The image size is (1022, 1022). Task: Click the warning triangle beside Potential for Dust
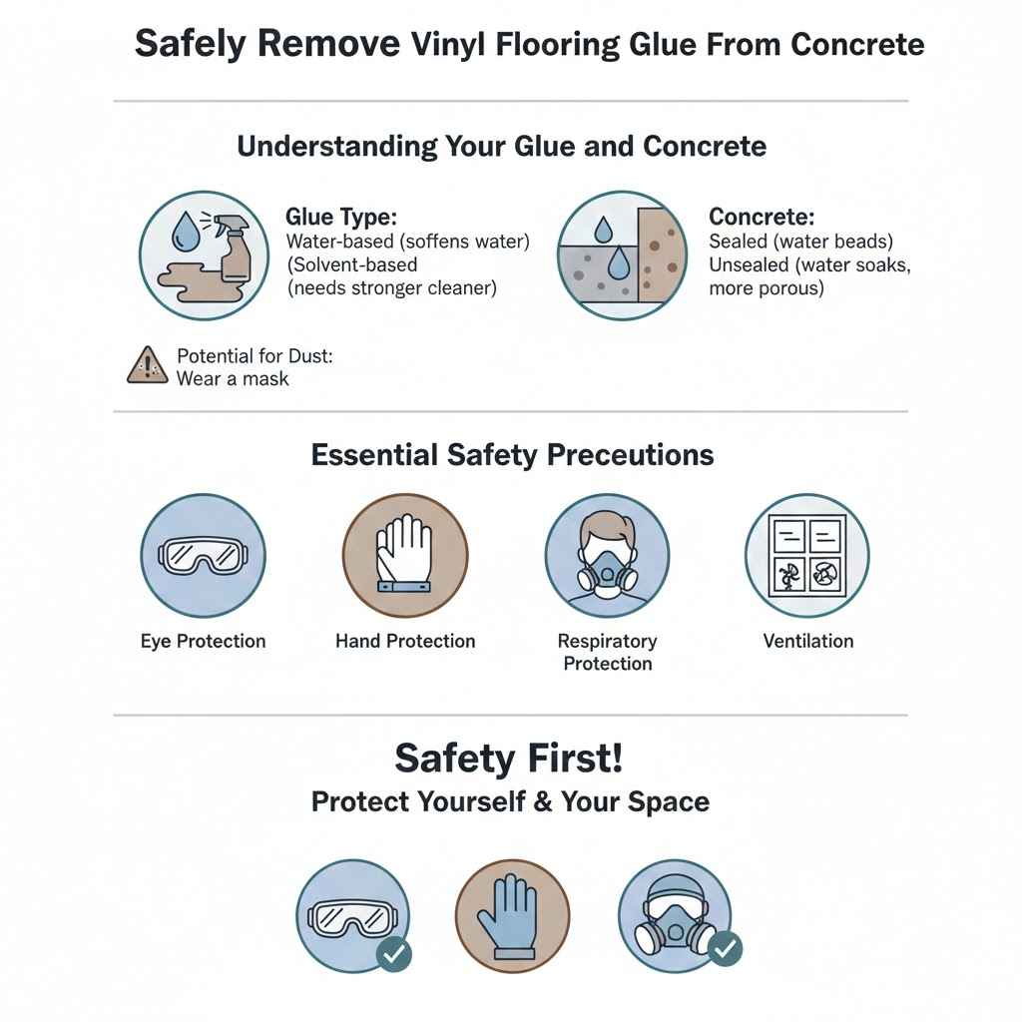point(148,365)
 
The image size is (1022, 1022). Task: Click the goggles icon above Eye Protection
point(203,555)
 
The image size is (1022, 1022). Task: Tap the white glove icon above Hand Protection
point(404,557)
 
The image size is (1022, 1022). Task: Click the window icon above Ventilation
point(807,555)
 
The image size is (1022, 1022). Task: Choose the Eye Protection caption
point(204,641)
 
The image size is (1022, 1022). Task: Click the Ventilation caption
point(808,641)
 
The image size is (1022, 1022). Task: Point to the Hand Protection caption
point(405,641)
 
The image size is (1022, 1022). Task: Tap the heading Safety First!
point(509,759)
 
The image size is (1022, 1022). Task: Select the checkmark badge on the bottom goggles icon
point(394,953)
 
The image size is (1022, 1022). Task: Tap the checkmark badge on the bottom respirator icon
point(725,948)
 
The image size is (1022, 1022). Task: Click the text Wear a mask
point(233,378)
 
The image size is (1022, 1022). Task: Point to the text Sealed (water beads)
point(800,242)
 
